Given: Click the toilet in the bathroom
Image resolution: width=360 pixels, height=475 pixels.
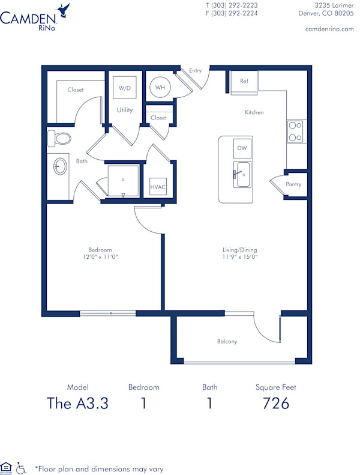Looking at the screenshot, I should coord(59,138).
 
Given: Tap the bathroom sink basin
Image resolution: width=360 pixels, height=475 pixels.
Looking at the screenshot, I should coord(60,166).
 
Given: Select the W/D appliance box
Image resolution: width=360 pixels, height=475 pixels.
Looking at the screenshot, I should coord(125,88).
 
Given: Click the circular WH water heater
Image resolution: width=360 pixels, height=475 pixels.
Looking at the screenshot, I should coord(160,88).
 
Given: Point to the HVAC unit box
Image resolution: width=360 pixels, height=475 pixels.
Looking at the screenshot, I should coord(158,187).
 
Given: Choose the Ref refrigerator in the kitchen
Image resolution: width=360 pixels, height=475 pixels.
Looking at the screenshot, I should coord(244,83).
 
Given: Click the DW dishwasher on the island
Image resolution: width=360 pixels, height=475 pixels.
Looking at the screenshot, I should coord(241,148).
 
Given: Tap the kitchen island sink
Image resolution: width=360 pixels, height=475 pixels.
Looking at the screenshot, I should coord(242,175).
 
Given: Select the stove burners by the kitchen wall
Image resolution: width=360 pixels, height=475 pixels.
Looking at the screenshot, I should coord(295,132).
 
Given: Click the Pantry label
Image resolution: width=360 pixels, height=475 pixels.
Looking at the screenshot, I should coord(293,184).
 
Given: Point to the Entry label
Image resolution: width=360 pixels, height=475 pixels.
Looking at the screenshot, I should coord(196,71).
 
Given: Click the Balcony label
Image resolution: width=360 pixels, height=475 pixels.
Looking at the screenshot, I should coord(227,342).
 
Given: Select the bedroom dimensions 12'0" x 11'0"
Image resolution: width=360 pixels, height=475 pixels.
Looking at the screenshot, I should coord(100,257).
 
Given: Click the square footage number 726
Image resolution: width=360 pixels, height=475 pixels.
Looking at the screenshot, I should coord(276,404).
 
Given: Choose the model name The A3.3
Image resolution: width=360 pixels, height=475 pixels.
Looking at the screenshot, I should coord(77,404).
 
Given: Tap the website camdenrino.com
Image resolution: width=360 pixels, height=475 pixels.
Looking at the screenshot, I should coord(329,29).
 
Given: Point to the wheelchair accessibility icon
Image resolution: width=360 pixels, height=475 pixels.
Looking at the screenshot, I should coord(22,467).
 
